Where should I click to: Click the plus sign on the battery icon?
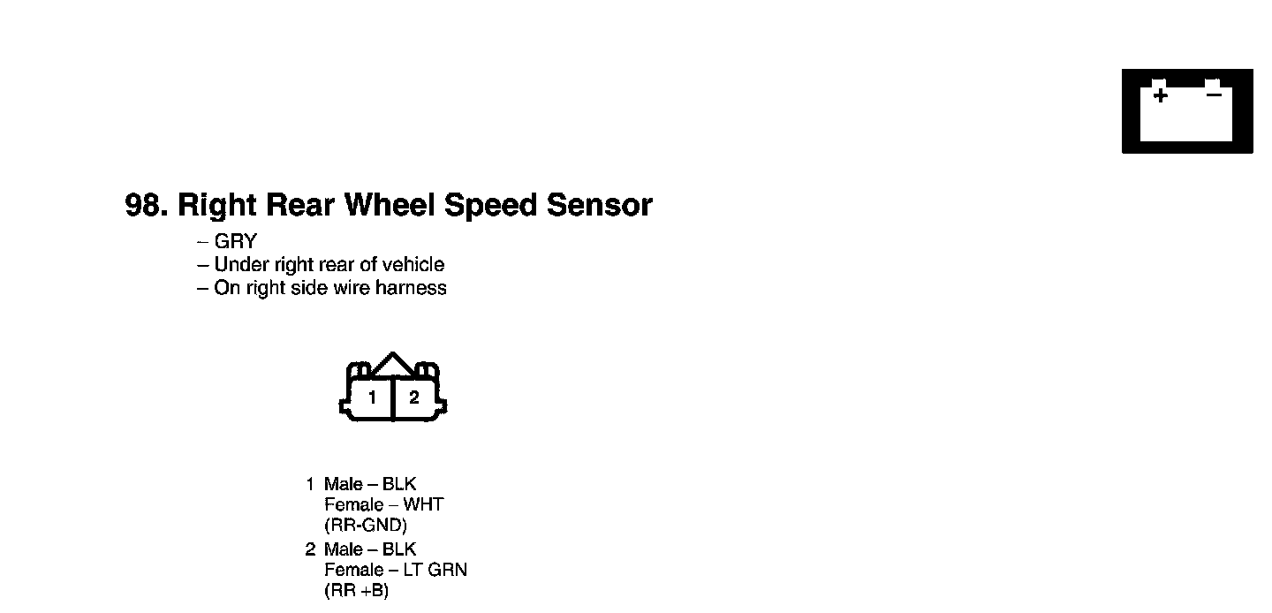click(x=1160, y=95)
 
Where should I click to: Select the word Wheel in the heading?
click(x=389, y=205)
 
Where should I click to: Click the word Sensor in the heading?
click(x=599, y=205)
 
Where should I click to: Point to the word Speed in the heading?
click(x=490, y=205)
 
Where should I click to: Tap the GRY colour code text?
click(x=235, y=241)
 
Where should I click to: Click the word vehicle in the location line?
click(x=412, y=264)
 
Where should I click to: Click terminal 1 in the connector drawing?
click(x=372, y=397)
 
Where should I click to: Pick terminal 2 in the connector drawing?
click(x=413, y=397)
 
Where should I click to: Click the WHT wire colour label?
click(x=423, y=504)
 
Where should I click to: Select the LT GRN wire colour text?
click(x=435, y=570)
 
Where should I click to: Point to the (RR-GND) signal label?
click(x=366, y=525)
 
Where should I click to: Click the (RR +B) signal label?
click(x=357, y=590)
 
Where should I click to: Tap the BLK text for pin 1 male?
click(x=399, y=484)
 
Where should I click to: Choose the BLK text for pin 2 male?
click(x=399, y=549)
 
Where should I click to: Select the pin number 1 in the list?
click(x=310, y=484)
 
